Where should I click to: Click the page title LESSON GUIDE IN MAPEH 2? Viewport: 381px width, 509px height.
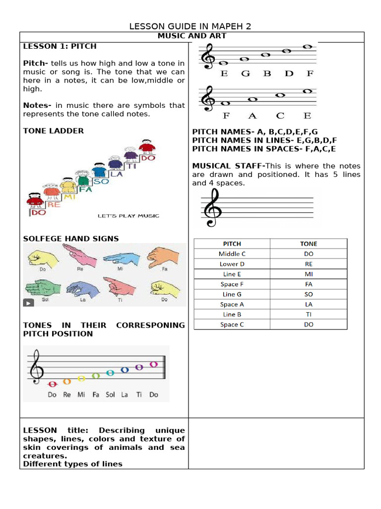coord(190,26)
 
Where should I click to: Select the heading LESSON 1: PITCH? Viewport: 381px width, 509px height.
coord(60,46)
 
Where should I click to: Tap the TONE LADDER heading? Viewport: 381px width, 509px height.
coord(54,131)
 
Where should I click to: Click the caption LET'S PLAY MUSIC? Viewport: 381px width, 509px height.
coord(128,216)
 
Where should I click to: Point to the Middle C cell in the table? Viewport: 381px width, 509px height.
coord(232,254)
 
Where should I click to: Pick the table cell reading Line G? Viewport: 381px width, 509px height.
coord(232,294)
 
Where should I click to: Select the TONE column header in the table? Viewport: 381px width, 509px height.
coord(309,244)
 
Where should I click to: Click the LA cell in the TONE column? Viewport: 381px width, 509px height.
coord(309,304)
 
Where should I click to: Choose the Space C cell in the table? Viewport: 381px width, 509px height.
coord(232,325)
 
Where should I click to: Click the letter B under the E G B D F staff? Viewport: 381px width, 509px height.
coord(267,74)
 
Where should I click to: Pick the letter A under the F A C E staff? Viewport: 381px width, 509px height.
coord(253,116)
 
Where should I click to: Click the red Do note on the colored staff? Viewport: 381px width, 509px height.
coord(52,384)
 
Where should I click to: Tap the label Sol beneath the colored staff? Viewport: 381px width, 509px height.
coord(110,395)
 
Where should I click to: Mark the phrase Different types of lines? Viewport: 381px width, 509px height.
coord(72,464)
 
